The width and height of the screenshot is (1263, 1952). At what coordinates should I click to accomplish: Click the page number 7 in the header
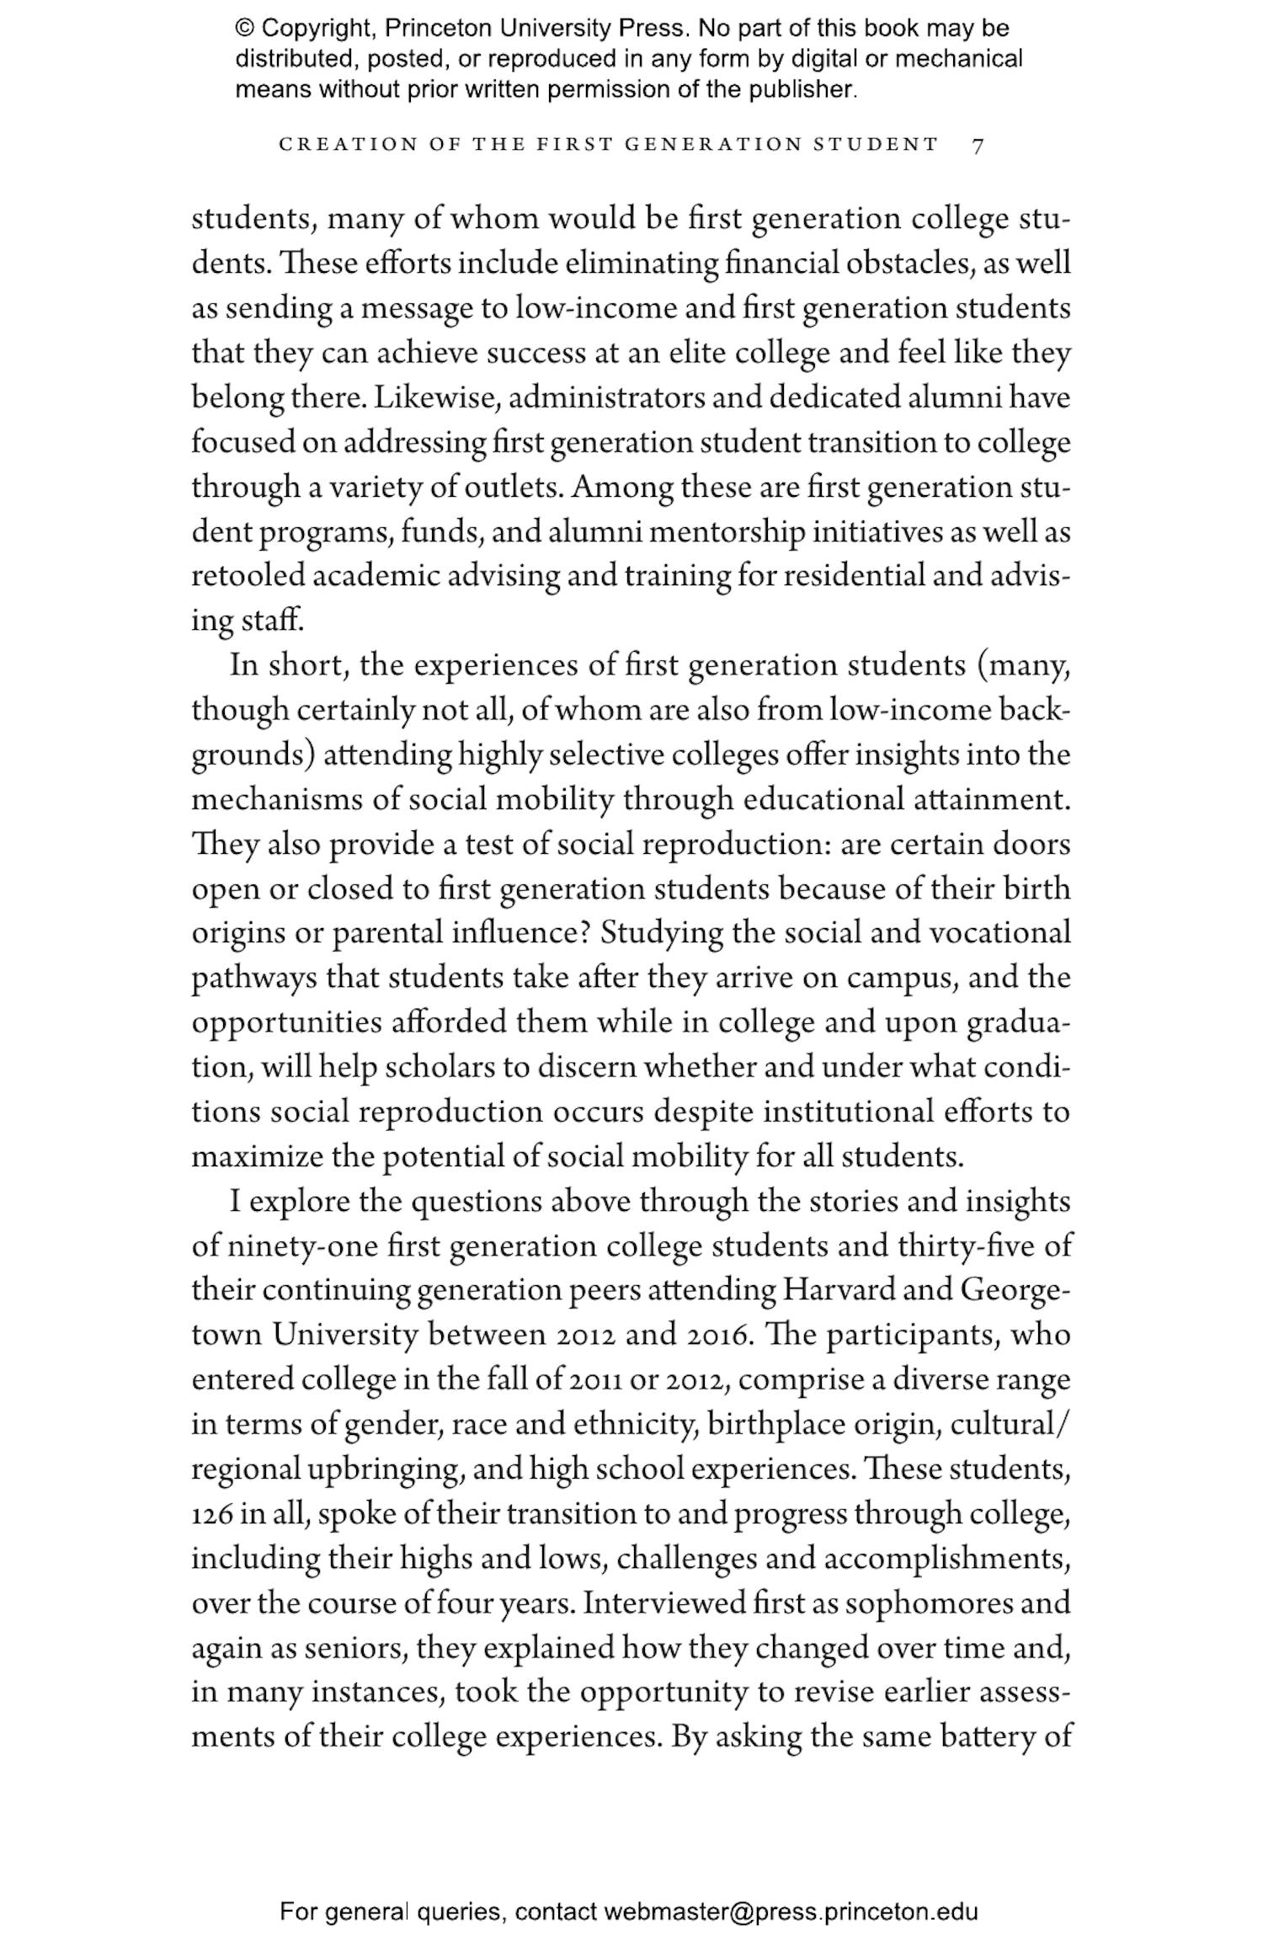[x=978, y=146]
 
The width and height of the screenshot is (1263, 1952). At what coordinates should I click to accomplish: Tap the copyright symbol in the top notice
[x=244, y=29]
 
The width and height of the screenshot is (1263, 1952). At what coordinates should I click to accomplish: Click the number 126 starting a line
[x=211, y=1513]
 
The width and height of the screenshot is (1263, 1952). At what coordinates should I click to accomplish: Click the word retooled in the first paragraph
[x=248, y=576]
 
